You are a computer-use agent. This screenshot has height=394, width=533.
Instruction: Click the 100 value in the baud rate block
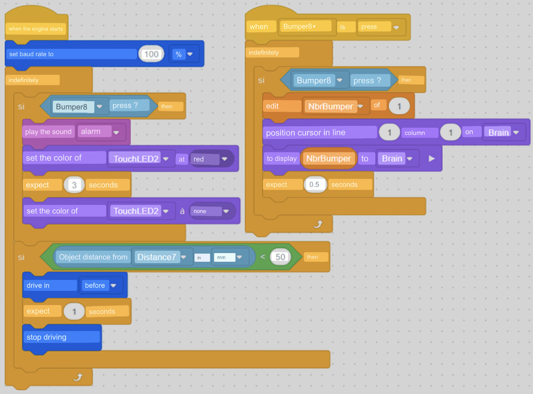point(151,54)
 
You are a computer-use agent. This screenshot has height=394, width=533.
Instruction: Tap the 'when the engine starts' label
point(36,29)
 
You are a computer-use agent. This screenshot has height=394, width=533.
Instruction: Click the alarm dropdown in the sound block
point(101,132)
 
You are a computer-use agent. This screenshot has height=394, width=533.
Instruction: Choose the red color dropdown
point(211,159)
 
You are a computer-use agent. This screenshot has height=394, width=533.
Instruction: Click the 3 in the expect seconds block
point(74,185)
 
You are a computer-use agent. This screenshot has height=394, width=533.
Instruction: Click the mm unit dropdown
point(227,257)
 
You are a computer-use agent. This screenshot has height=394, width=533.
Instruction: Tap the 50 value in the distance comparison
point(280,257)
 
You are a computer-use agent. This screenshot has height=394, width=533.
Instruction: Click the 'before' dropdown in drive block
point(99,285)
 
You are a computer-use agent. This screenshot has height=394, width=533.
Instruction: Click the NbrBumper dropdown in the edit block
point(334,107)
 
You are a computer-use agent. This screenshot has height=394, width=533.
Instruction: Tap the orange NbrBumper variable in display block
point(328,159)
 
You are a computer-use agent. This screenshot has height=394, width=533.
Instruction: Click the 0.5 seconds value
point(314,185)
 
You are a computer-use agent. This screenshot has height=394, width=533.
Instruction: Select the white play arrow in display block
point(432,159)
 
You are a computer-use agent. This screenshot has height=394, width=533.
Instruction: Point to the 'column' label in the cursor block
point(415,133)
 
